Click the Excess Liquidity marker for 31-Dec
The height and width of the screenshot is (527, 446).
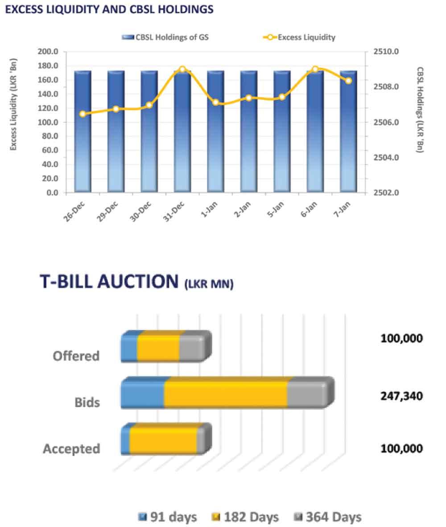(x=182, y=69)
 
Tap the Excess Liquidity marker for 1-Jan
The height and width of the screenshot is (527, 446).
(x=216, y=102)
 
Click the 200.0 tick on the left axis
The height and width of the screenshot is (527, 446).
(x=49, y=52)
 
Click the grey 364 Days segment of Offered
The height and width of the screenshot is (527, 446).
(x=192, y=348)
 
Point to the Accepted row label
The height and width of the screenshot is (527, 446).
(x=71, y=449)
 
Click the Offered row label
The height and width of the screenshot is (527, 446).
(x=76, y=356)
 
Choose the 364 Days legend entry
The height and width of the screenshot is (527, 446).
(x=327, y=517)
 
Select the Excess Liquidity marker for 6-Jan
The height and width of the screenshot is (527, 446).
(x=315, y=69)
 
